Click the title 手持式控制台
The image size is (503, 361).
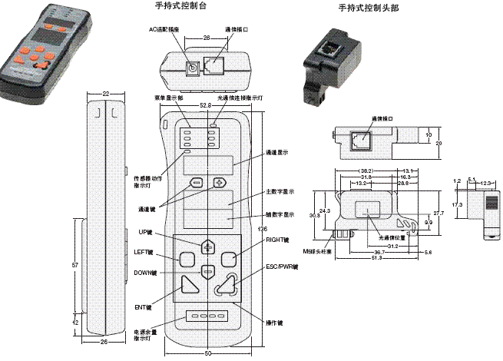(181, 6)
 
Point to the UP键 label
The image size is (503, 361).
(147, 232)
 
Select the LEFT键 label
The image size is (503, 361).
(144, 252)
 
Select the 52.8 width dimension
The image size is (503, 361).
(205, 105)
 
